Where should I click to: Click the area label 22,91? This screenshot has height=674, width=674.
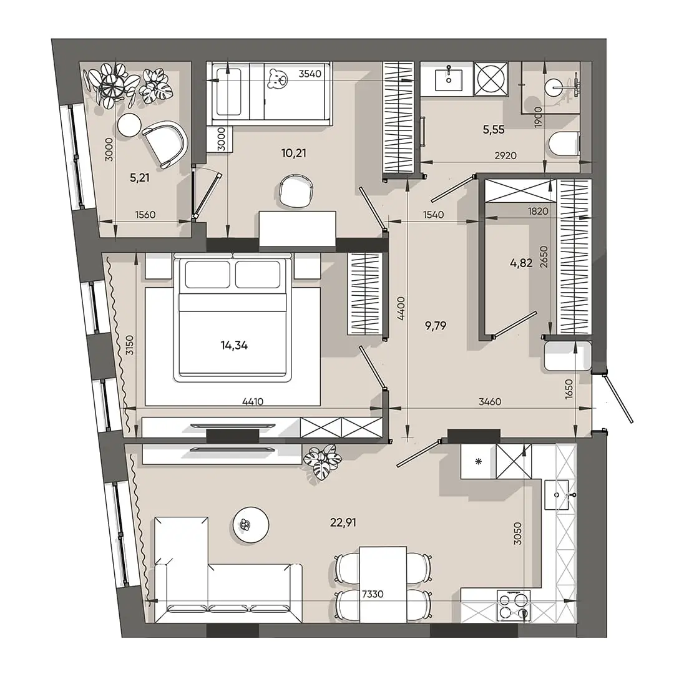click(x=343, y=522)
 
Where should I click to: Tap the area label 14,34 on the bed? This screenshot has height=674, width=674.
click(x=234, y=345)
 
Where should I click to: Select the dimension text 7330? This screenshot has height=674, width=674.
click(x=373, y=594)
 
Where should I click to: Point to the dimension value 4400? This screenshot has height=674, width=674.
click(x=401, y=308)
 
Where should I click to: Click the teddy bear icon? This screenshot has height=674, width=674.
click(x=277, y=79)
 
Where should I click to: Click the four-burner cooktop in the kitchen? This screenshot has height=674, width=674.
click(x=514, y=605)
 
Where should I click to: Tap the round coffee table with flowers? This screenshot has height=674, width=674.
click(x=251, y=525)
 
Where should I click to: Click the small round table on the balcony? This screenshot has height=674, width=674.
click(x=129, y=125)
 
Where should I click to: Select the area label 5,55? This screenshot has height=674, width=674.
click(x=494, y=129)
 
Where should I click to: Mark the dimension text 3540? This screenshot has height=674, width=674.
click(x=310, y=74)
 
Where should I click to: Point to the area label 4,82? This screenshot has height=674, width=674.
click(x=521, y=263)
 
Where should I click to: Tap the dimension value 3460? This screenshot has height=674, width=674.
click(x=490, y=401)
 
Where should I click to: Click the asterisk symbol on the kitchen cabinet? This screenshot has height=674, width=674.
click(x=478, y=462)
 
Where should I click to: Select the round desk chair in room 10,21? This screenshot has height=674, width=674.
click(x=296, y=190)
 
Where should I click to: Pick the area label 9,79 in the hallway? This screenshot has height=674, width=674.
click(x=436, y=326)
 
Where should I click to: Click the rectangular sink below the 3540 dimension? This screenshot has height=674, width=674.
click(x=449, y=79)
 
